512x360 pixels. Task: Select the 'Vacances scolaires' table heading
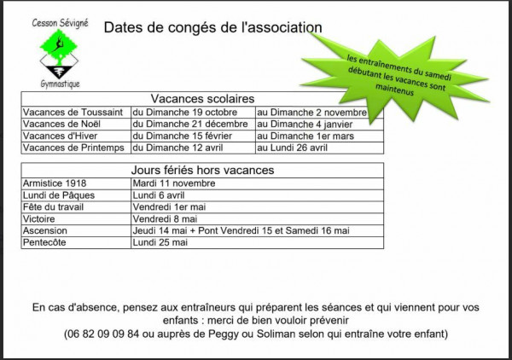(x=202, y=99)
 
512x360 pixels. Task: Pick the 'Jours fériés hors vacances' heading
(x=202, y=170)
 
